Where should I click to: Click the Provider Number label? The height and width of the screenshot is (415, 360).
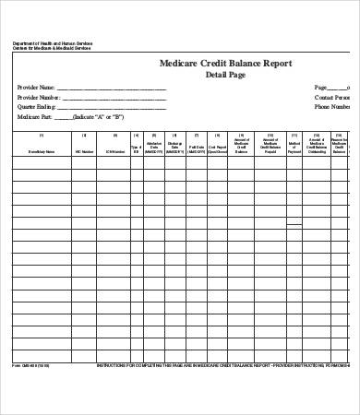coord(39,96)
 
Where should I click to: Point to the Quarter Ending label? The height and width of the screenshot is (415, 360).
coord(38,106)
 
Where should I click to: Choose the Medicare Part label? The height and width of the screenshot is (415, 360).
coord(35,117)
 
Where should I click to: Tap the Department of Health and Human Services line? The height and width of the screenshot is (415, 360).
coord(52,43)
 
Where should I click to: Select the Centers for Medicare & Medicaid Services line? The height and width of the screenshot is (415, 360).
coord(53,49)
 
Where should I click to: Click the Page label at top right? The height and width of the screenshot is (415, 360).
coord(322,86)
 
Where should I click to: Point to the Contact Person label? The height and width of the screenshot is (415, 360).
coord(331,96)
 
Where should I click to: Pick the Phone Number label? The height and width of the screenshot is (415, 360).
coord(331,106)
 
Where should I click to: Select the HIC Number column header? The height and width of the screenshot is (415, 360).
coord(84,150)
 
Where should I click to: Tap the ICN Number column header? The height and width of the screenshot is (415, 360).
coord(114,150)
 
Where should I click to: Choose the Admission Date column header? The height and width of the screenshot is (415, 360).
coord(155,148)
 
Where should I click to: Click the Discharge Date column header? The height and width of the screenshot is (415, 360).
coord(175,148)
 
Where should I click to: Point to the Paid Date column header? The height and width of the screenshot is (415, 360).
coord(197,148)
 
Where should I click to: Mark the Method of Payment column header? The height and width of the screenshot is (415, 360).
coord(295,148)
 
